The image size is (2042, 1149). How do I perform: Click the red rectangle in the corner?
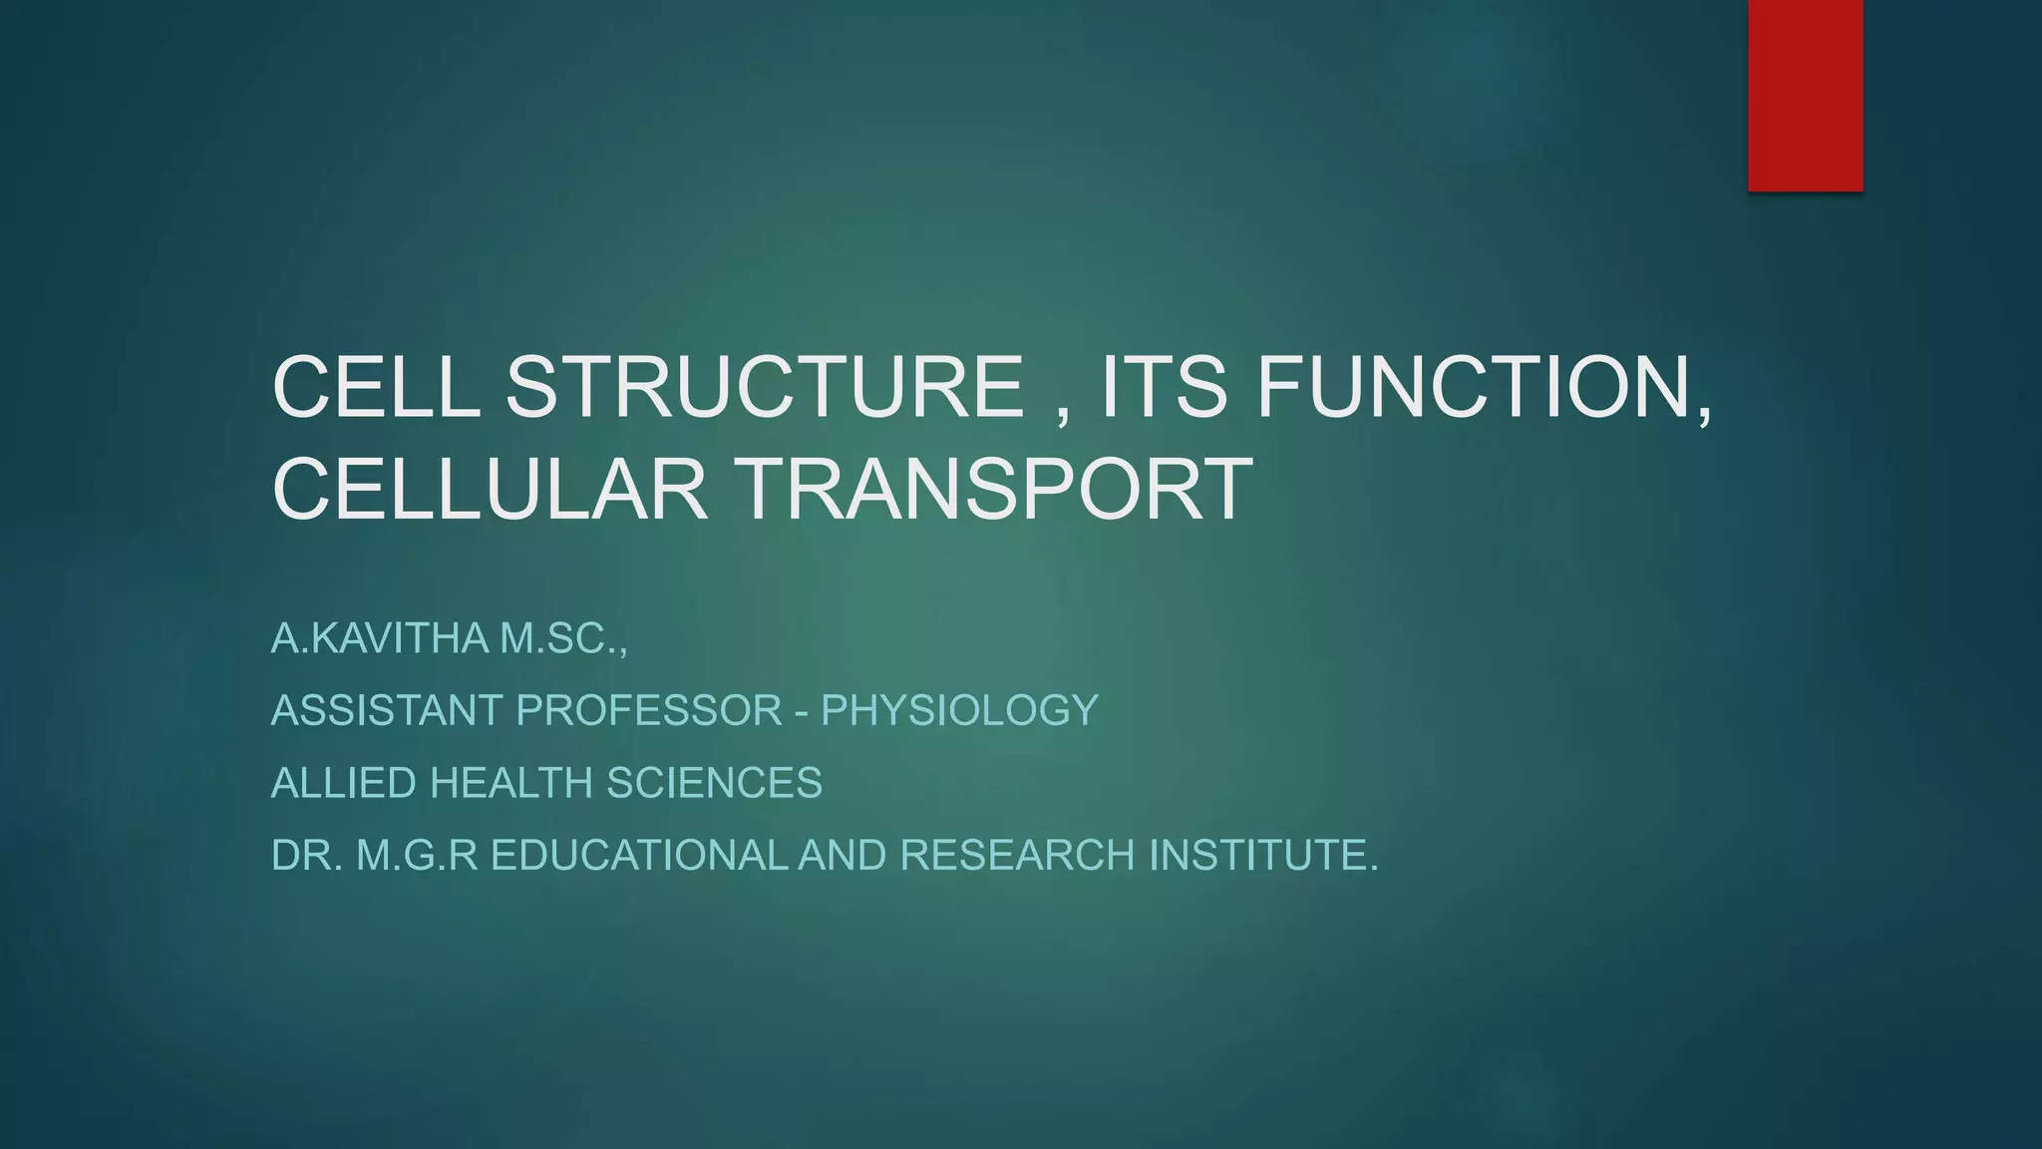[x=1805, y=95]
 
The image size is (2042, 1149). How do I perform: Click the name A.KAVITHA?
[x=380, y=638]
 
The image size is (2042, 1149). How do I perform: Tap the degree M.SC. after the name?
[x=562, y=638]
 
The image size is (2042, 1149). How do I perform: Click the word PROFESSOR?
[x=649, y=711]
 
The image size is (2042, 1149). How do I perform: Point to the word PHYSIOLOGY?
[x=959, y=711]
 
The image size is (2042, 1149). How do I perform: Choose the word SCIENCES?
[x=714, y=783]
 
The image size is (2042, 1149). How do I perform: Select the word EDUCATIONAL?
[x=639, y=856]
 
